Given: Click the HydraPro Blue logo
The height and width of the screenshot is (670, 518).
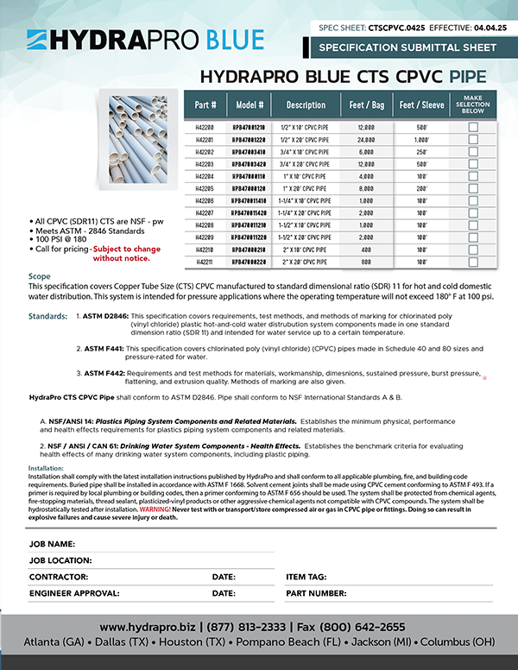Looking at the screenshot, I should [145, 39].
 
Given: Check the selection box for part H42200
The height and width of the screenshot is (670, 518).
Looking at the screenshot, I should [472, 127].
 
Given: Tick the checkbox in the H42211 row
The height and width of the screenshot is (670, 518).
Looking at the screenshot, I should [472, 260].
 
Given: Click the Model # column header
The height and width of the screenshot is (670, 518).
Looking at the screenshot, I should [250, 104].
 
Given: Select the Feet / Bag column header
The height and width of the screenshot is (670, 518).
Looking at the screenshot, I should [368, 104].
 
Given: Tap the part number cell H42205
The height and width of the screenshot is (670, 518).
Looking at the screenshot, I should [205, 187].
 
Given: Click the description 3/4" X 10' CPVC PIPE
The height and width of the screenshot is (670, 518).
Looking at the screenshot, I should [306, 151].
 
